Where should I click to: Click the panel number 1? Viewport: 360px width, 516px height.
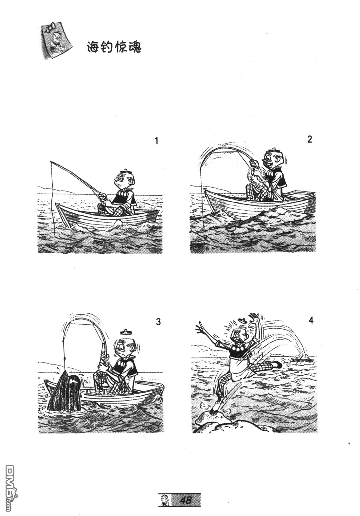coord(157,141)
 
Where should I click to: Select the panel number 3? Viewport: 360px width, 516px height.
coord(158,322)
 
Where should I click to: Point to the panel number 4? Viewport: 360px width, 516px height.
coord(311,320)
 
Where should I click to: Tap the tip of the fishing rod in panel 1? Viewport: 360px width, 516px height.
coord(51,162)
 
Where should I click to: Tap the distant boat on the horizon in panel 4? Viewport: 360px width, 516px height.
coord(302,360)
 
